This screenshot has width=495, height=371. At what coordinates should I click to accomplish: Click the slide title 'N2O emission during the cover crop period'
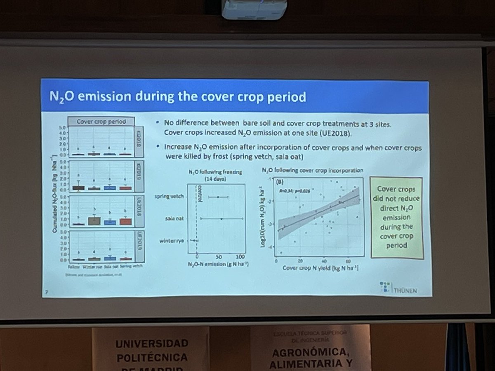tap(178, 98)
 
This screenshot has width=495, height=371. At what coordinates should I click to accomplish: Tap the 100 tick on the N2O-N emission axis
tap(241, 256)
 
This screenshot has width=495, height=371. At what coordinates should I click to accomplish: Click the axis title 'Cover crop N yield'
tap(320, 268)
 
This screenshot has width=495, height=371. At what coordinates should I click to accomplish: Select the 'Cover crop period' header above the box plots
tap(101, 122)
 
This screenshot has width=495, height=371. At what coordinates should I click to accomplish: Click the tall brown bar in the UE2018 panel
tap(94, 221)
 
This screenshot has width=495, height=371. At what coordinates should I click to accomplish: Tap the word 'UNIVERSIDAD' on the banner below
tap(151, 343)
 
